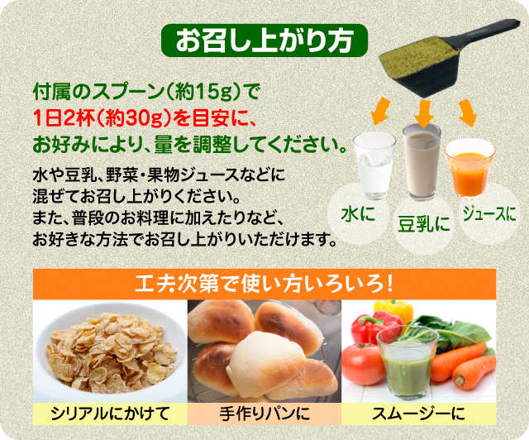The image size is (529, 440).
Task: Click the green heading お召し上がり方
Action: click(264, 41)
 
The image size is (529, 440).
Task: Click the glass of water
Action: click(374, 165)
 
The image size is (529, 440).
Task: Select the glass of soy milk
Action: click(422, 161)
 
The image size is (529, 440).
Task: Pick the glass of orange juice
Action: click(469, 170)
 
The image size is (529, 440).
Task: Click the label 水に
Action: click(358, 214)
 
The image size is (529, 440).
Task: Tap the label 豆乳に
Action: click(424, 223)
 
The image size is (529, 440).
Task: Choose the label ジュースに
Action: click(489, 213)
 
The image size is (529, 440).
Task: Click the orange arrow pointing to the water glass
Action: click(380, 111)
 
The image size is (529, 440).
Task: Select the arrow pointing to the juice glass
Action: click(468, 112)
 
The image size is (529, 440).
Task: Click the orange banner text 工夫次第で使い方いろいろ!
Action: click(264, 285)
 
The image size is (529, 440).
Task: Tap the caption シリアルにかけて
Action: click(110, 414)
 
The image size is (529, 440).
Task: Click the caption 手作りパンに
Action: click(264, 414)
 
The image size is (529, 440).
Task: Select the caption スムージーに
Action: click(418, 414)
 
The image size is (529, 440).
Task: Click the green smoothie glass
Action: click(407, 362)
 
